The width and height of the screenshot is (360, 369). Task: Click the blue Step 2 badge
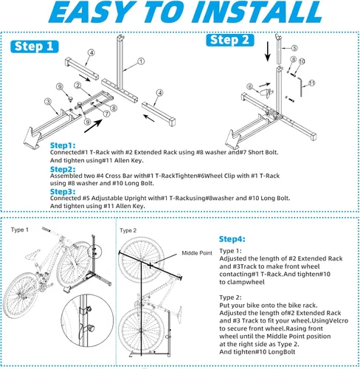230,40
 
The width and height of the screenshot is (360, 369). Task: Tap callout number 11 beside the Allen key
311,83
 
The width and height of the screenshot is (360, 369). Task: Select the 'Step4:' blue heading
234,240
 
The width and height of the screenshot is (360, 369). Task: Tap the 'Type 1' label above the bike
19,230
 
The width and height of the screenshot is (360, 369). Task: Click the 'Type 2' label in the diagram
128,230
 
